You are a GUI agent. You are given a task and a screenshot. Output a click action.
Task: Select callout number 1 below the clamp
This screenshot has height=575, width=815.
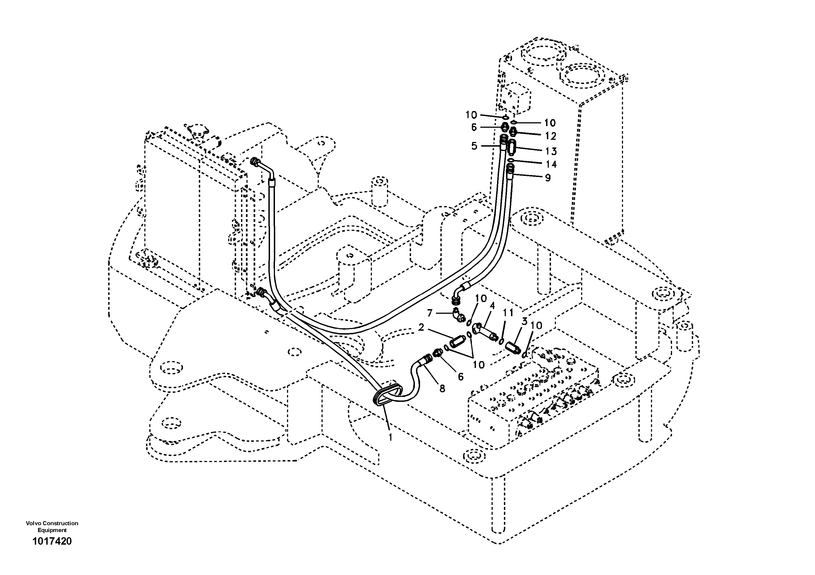click(390, 438)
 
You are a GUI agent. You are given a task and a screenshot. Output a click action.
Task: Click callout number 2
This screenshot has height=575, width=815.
click(421, 327)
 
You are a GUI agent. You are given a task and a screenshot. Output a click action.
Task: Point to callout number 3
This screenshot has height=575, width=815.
click(524, 321)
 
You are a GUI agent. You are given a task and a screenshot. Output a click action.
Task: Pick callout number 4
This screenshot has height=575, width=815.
click(492, 306)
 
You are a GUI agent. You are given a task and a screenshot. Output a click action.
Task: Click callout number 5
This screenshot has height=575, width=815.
click(474, 146)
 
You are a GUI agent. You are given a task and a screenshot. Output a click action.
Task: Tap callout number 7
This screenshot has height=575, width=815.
click(430, 313)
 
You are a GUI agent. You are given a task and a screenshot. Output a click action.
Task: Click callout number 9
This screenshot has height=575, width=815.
click(548, 178)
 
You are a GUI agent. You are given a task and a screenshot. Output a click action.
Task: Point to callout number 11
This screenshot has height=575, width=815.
click(508, 313)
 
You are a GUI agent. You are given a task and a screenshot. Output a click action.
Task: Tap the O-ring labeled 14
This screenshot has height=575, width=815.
click(510, 161)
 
